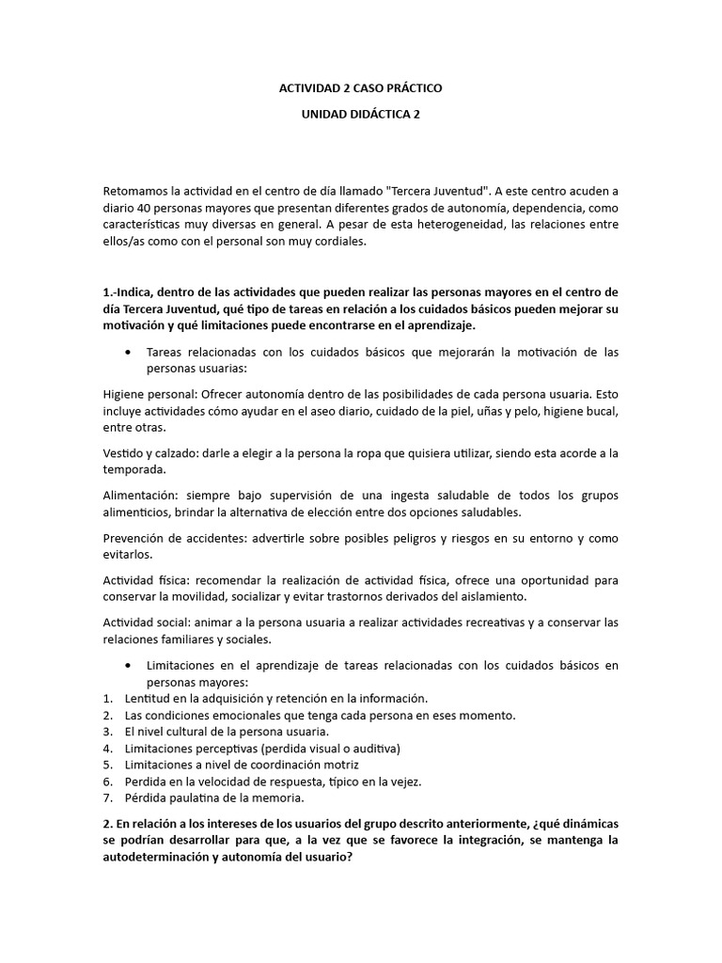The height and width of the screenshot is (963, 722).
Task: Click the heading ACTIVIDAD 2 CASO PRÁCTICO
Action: [361, 87]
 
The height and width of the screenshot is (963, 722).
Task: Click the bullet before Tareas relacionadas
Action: [127, 352]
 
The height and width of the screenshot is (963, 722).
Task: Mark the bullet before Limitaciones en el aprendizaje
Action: [127, 666]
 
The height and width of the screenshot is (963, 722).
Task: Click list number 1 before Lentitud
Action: [107, 699]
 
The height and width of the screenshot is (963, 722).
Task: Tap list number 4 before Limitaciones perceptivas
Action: [107, 749]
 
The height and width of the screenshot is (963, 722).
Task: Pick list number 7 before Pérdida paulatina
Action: [107, 798]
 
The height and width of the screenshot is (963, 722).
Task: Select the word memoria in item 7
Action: [279, 798]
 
